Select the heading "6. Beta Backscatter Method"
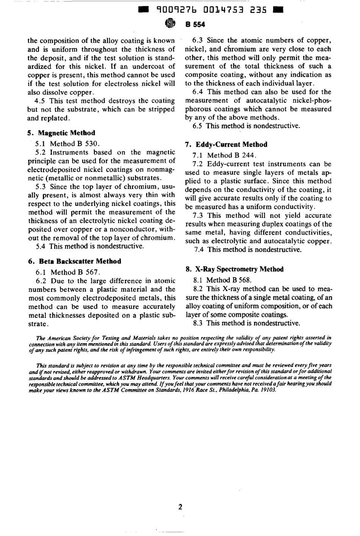pos(75,261)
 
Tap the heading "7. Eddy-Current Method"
pos(226,144)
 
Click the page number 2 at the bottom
pos(180,507)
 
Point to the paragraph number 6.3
pos(197,41)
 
